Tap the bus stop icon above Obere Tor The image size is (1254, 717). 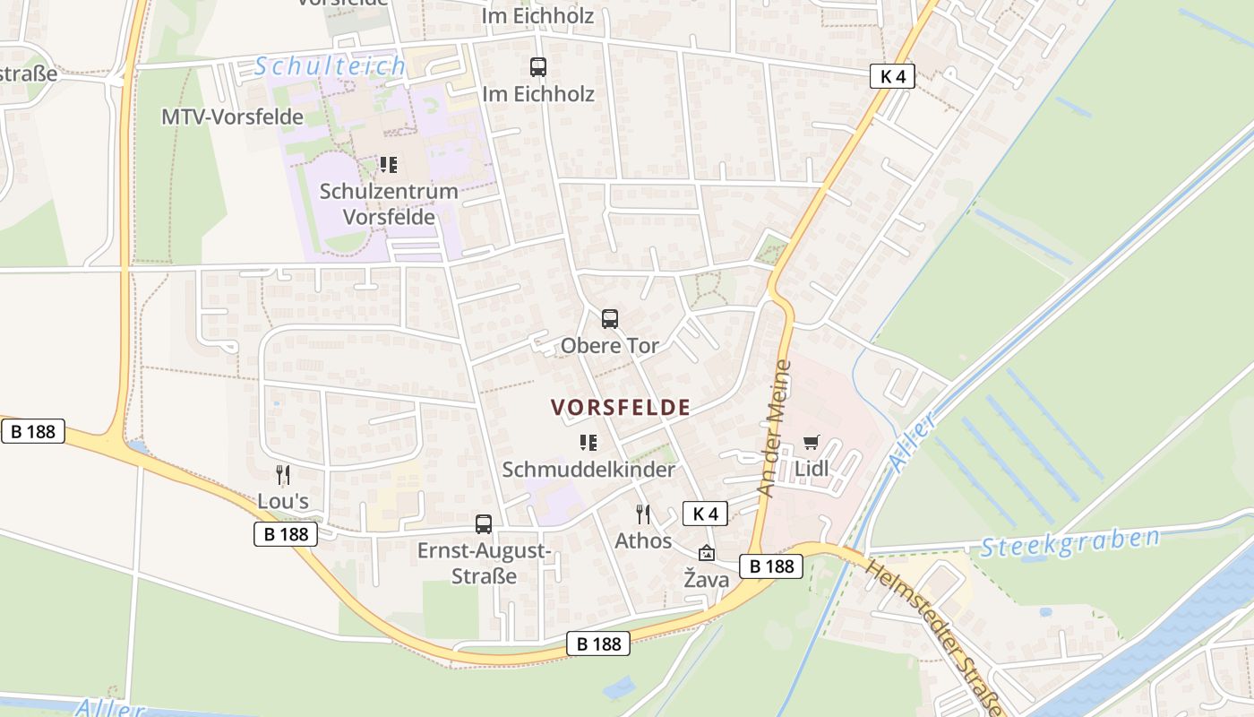pos(610,318)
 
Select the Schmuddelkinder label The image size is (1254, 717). pos(588,470)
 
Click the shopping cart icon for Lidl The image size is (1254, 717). pos(812,442)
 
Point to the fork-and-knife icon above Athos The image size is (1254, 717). pos(643,514)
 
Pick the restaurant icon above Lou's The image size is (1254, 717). pos(283,474)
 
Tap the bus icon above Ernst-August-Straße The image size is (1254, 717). pos(484,524)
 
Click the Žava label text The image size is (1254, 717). pos(707,580)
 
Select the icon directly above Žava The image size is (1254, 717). pos(707,553)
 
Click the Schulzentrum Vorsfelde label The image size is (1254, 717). pos(389,203)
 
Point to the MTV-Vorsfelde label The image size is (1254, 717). pos(232,117)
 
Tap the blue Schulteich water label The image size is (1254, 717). pos(330,66)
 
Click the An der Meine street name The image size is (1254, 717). pos(775,428)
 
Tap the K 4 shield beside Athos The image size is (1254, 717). pos(706,514)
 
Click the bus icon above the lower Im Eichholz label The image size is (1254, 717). pos(537,67)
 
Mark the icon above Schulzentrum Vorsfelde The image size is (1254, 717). pos(388,164)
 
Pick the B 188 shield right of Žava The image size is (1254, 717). pos(771,566)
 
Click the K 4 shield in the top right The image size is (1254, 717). pos(892,76)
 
